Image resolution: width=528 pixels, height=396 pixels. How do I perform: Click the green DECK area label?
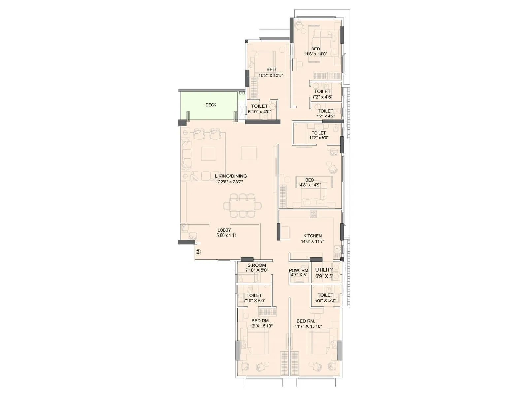pos(211,105)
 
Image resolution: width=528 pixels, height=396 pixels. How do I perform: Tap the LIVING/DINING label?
pos(231,176)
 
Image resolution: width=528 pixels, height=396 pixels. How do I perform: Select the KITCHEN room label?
pos(313,236)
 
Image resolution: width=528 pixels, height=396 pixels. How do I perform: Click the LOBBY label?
pos(224,230)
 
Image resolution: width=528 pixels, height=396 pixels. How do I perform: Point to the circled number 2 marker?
pos(198,252)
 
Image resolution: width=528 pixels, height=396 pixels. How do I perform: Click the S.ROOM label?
pos(257,265)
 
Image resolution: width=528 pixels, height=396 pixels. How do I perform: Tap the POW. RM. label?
pos(299,270)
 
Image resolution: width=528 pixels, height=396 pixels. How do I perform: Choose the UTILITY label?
pos(324,270)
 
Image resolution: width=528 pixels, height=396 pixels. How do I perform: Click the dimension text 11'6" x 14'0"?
pos(315,54)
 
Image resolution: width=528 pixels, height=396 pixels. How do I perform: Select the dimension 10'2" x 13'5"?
pos(271,75)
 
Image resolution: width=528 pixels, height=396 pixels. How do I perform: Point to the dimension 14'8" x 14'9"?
pos(310,185)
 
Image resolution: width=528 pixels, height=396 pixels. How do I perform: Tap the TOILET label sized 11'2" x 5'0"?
pos(319,133)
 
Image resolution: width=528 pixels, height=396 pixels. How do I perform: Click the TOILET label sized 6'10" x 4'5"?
pos(259,106)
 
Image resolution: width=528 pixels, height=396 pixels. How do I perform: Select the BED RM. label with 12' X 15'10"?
pos(261,321)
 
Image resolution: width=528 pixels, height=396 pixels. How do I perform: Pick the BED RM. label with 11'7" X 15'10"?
pos(306,321)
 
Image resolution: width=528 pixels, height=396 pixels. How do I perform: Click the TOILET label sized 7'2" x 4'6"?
pos(322,91)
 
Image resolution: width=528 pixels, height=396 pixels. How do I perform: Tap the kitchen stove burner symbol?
pos(313,214)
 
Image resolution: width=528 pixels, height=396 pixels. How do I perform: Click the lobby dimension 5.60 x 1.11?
pos(226,236)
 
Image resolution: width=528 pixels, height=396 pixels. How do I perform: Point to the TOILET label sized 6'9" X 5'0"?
pos(325,295)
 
